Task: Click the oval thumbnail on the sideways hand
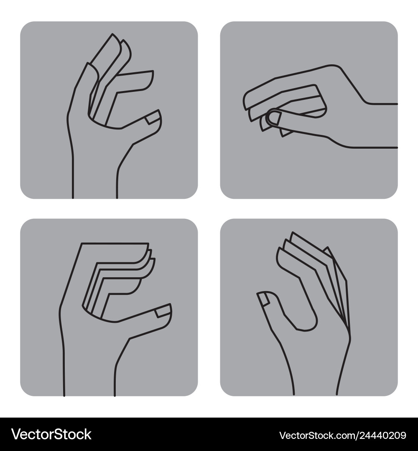pos(274,118)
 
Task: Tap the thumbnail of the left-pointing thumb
pos(264,299)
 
